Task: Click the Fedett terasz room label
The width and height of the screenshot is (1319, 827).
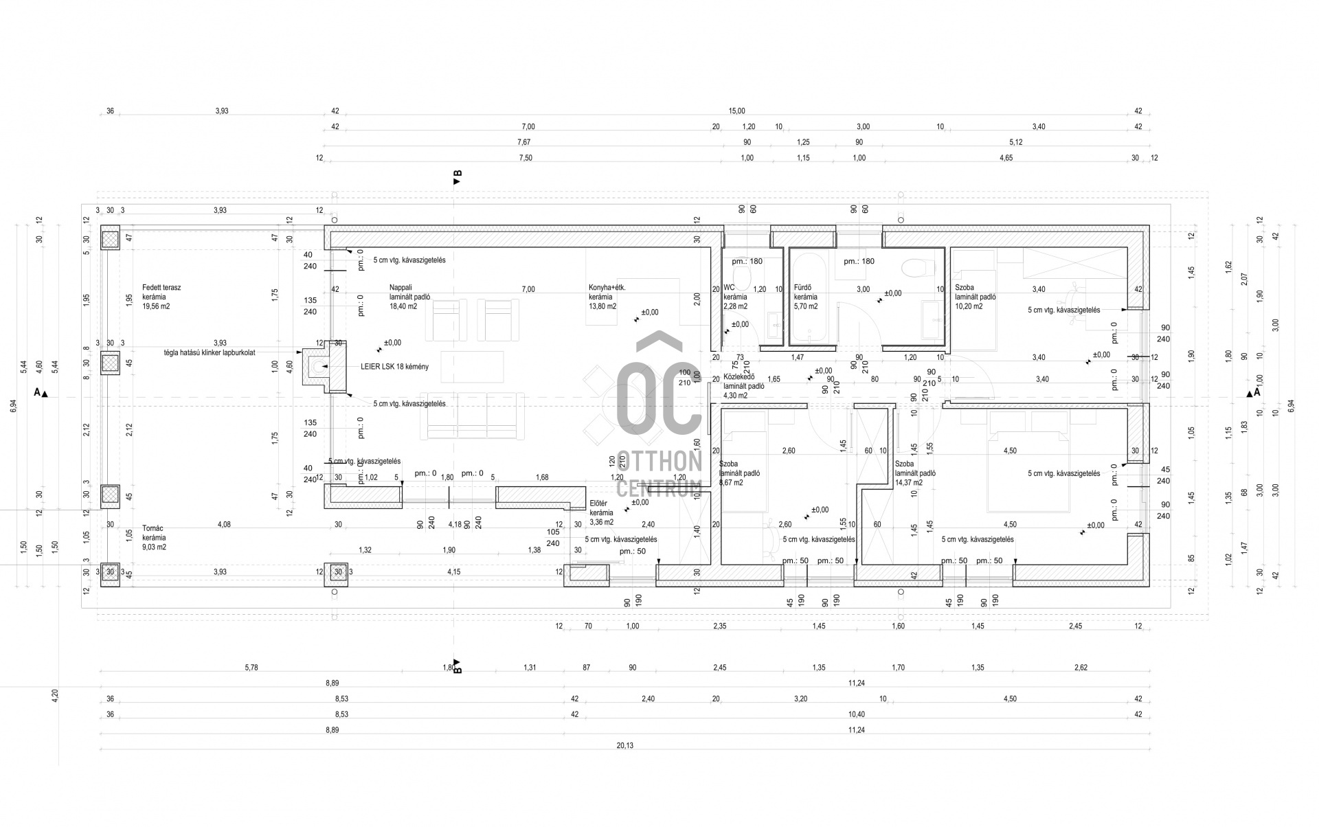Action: click(161, 288)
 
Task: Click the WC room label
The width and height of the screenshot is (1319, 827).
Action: click(729, 288)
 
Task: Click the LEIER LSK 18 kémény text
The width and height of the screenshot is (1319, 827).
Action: click(394, 367)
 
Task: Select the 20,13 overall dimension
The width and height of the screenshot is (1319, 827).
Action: click(624, 746)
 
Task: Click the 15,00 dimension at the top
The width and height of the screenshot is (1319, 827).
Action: click(736, 111)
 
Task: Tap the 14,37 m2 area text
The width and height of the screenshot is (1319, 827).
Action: click(908, 483)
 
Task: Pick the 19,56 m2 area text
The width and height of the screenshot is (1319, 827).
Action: click(156, 307)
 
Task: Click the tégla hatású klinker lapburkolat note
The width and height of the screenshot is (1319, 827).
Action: click(210, 353)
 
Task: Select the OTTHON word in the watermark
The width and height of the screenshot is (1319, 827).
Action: click(659, 462)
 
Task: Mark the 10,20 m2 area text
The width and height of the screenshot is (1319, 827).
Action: click(969, 307)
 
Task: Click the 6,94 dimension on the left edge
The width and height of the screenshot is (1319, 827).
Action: click(13, 406)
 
